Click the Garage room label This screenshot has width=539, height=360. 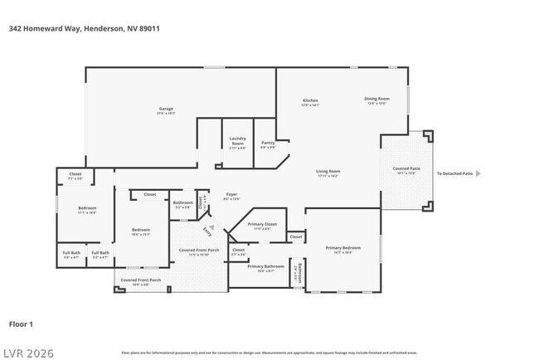[x=166, y=110]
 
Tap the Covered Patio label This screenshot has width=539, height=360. [x=406, y=170]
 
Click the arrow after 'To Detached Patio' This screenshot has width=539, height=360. [x=478, y=173]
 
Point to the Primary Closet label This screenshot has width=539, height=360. [x=263, y=226]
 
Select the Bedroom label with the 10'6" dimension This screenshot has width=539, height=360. [x=141, y=231]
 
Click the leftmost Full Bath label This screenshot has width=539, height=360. [x=70, y=255]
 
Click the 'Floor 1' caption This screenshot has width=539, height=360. [x=20, y=324]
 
